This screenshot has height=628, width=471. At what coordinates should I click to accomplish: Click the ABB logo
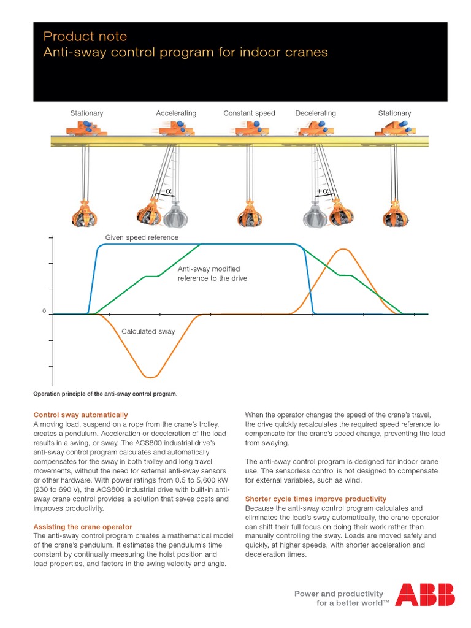click(x=424, y=595)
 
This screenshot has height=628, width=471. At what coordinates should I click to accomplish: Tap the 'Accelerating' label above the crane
click(x=176, y=113)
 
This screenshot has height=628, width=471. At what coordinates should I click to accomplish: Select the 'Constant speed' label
click(x=249, y=113)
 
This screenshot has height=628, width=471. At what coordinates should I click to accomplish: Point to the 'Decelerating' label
click(x=315, y=113)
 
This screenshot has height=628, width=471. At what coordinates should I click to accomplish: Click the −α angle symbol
click(x=165, y=192)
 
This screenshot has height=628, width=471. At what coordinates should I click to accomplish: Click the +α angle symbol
click(x=323, y=192)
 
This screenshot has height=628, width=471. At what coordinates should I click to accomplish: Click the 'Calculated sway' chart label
click(x=148, y=331)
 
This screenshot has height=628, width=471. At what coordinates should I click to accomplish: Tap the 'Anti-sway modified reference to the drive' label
click(x=212, y=274)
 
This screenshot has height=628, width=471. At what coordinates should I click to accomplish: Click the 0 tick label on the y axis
click(x=44, y=312)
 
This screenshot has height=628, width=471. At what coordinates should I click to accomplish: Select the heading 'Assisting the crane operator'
click(x=83, y=527)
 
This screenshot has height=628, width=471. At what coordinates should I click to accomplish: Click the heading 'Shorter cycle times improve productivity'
click(x=316, y=499)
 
